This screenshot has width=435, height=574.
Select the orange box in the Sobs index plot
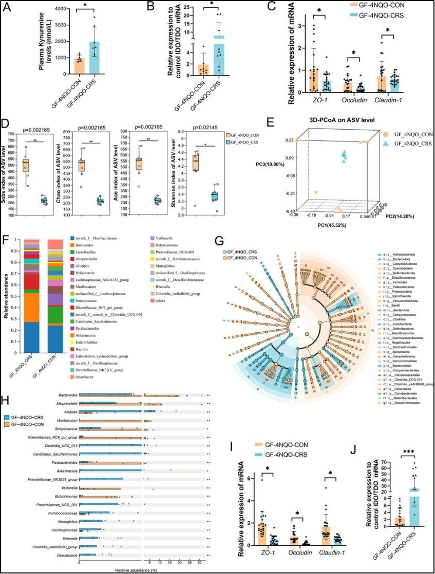click(x=26, y=166)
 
